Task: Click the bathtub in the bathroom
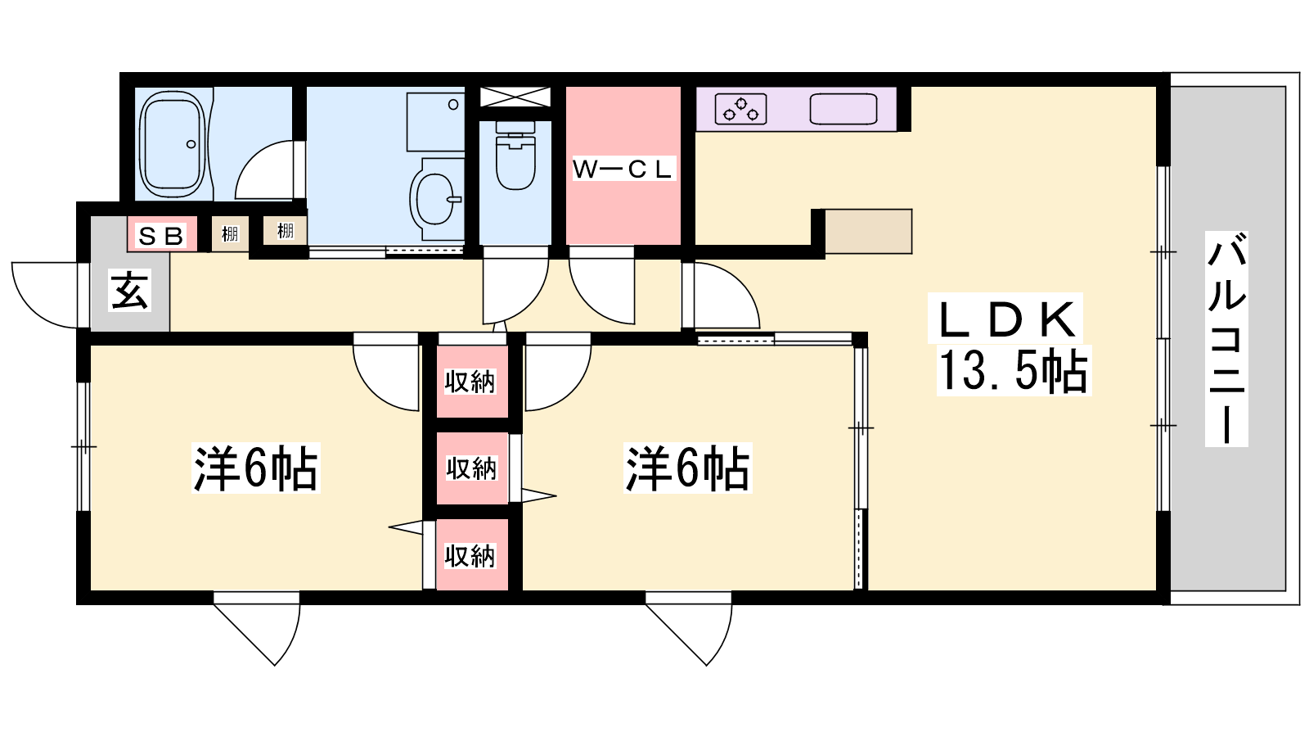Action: [x=173, y=144]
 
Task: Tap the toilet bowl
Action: [x=515, y=155]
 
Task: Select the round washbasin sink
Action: [x=435, y=199]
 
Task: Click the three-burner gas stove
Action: [x=740, y=109]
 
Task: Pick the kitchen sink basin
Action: [x=843, y=110]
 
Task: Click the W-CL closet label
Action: [x=623, y=169]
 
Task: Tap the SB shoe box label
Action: [x=160, y=236]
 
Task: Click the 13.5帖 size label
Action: [x=1014, y=370]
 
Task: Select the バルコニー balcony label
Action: [x=1226, y=339]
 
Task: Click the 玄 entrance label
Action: [x=130, y=290]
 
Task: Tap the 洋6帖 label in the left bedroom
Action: [x=256, y=468]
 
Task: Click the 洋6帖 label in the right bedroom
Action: [x=687, y=468]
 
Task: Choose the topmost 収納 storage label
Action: [x=470, y=382]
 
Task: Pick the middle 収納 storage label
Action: [x=471, y=468]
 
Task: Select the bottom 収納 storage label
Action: [x=470, y=556]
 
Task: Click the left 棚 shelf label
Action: [x=230, y=234]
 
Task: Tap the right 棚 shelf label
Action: [x=286, y=230]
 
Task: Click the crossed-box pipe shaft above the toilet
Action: [x=515, y=97]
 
